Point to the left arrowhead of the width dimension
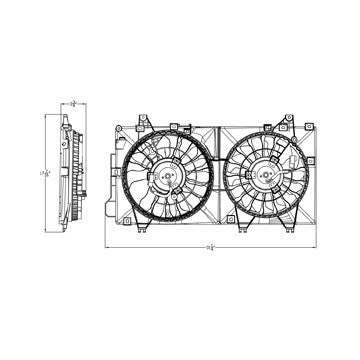tap(109, 248)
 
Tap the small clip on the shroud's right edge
tap(311, 160)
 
